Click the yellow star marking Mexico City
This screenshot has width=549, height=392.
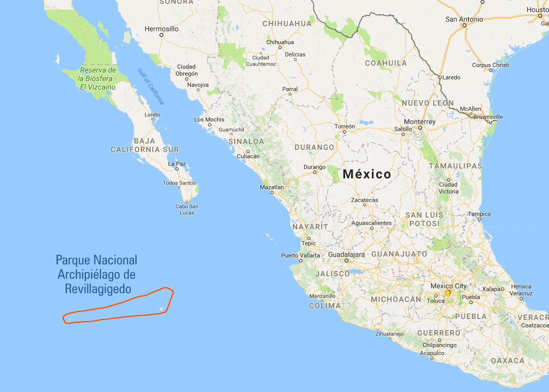click(448, 292)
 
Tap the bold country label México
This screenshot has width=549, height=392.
click(367, 174)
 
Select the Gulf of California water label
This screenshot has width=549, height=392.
click(151, 86)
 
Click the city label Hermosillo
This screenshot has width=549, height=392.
click(161, 28)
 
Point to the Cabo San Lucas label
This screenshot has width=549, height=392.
click(187, 210)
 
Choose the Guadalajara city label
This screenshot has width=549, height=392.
click(346, 254)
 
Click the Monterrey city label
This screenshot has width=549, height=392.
click(419, 122)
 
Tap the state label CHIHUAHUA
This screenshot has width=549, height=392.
click(287, 23)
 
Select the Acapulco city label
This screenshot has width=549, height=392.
click(432, 353)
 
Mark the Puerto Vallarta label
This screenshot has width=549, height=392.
click(301, 255)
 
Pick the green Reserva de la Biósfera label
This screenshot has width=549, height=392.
click(97, 78)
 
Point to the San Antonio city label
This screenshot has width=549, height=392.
click(464, 19)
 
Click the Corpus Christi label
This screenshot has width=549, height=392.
click(490, 65)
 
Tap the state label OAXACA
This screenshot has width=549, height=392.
click(507, 361)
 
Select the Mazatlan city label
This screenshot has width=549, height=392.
click(272, 187)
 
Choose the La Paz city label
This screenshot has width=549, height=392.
click(177, 164)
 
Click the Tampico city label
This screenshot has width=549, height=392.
click(479, 214)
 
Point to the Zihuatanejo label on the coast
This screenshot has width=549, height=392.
click(389, 334)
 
